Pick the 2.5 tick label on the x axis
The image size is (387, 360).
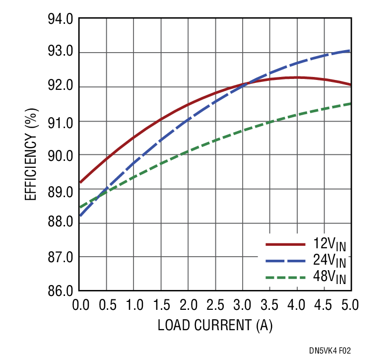point(215,304)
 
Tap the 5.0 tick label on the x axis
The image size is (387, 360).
point(350,304)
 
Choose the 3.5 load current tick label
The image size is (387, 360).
point(269,304)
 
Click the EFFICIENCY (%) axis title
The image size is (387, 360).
point(31,155)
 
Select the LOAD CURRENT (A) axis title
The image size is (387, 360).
point(215,326)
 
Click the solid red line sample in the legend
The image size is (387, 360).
point(285,244)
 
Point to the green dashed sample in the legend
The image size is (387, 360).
point(285,278)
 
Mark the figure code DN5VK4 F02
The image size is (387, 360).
point(333,351)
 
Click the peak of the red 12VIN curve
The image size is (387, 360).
point(297,77)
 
